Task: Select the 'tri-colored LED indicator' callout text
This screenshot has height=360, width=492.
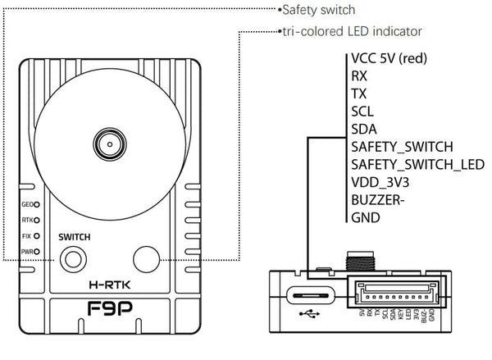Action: [x=350, y=31]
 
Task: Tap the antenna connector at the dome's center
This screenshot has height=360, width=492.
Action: [x=107, y=144]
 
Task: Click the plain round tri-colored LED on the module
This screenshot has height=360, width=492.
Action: [x=148, y=259]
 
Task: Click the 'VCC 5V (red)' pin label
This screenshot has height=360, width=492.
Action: [x=388, y=58]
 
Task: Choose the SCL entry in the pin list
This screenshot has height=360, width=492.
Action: [x=362, y=111]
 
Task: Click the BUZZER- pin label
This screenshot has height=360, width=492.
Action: [x=379, y=200]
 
